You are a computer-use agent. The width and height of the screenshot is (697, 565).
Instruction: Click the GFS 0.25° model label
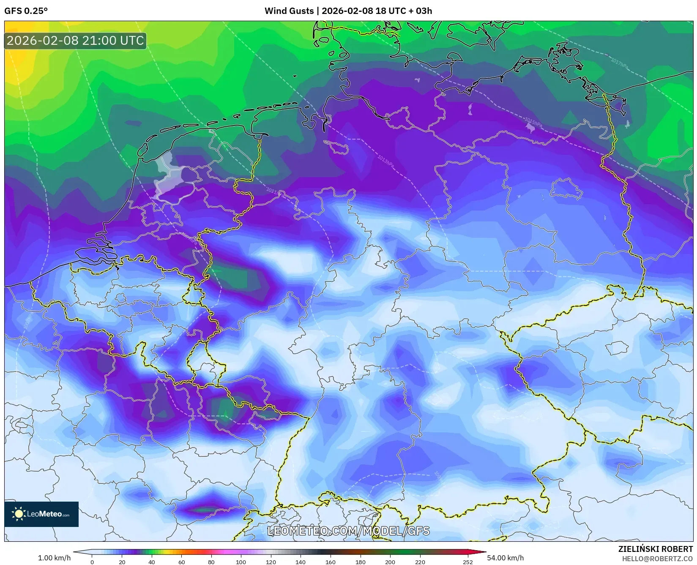click(x=26, y=11)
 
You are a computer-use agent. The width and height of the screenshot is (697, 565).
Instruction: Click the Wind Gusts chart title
click(x=348, y=11)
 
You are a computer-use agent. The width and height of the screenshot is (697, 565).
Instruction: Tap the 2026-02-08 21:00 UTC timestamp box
click(x=75, y=41)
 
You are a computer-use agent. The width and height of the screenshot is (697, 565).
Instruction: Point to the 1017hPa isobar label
click(x=619, y=63)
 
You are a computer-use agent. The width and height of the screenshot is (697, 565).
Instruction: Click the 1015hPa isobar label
click(x=533, y=123)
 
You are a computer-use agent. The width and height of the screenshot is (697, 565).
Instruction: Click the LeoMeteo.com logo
click(x=41, y=514)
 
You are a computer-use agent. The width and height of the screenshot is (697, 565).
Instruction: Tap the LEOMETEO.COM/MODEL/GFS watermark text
click(x=348, y=531)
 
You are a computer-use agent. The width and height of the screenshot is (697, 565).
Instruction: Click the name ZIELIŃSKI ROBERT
click(x=655, y=549)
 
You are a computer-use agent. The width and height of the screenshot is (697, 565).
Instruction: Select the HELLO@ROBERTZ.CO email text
click(x=657, y=558)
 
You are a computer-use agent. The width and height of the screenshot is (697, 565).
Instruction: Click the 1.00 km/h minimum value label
click(x=54, y=558)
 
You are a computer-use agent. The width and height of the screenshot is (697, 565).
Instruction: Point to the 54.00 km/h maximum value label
click(x=505, y=558)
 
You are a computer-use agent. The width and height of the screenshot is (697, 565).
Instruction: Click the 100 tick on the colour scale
click(x=241, y=562)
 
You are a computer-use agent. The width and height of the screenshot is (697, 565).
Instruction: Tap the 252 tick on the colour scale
click(x=467, y=562)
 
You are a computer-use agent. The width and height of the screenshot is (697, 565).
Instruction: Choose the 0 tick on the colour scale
click(x=92, y=562)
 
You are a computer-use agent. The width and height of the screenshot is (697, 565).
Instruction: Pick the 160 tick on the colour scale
click(x=330, y=562)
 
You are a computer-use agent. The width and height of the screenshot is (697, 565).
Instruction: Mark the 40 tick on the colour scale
click(x=152, y=562)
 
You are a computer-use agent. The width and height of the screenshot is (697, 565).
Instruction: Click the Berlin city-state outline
click(x=566, y=188)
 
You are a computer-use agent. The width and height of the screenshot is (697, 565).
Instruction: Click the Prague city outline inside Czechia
click(x=617, y=348)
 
